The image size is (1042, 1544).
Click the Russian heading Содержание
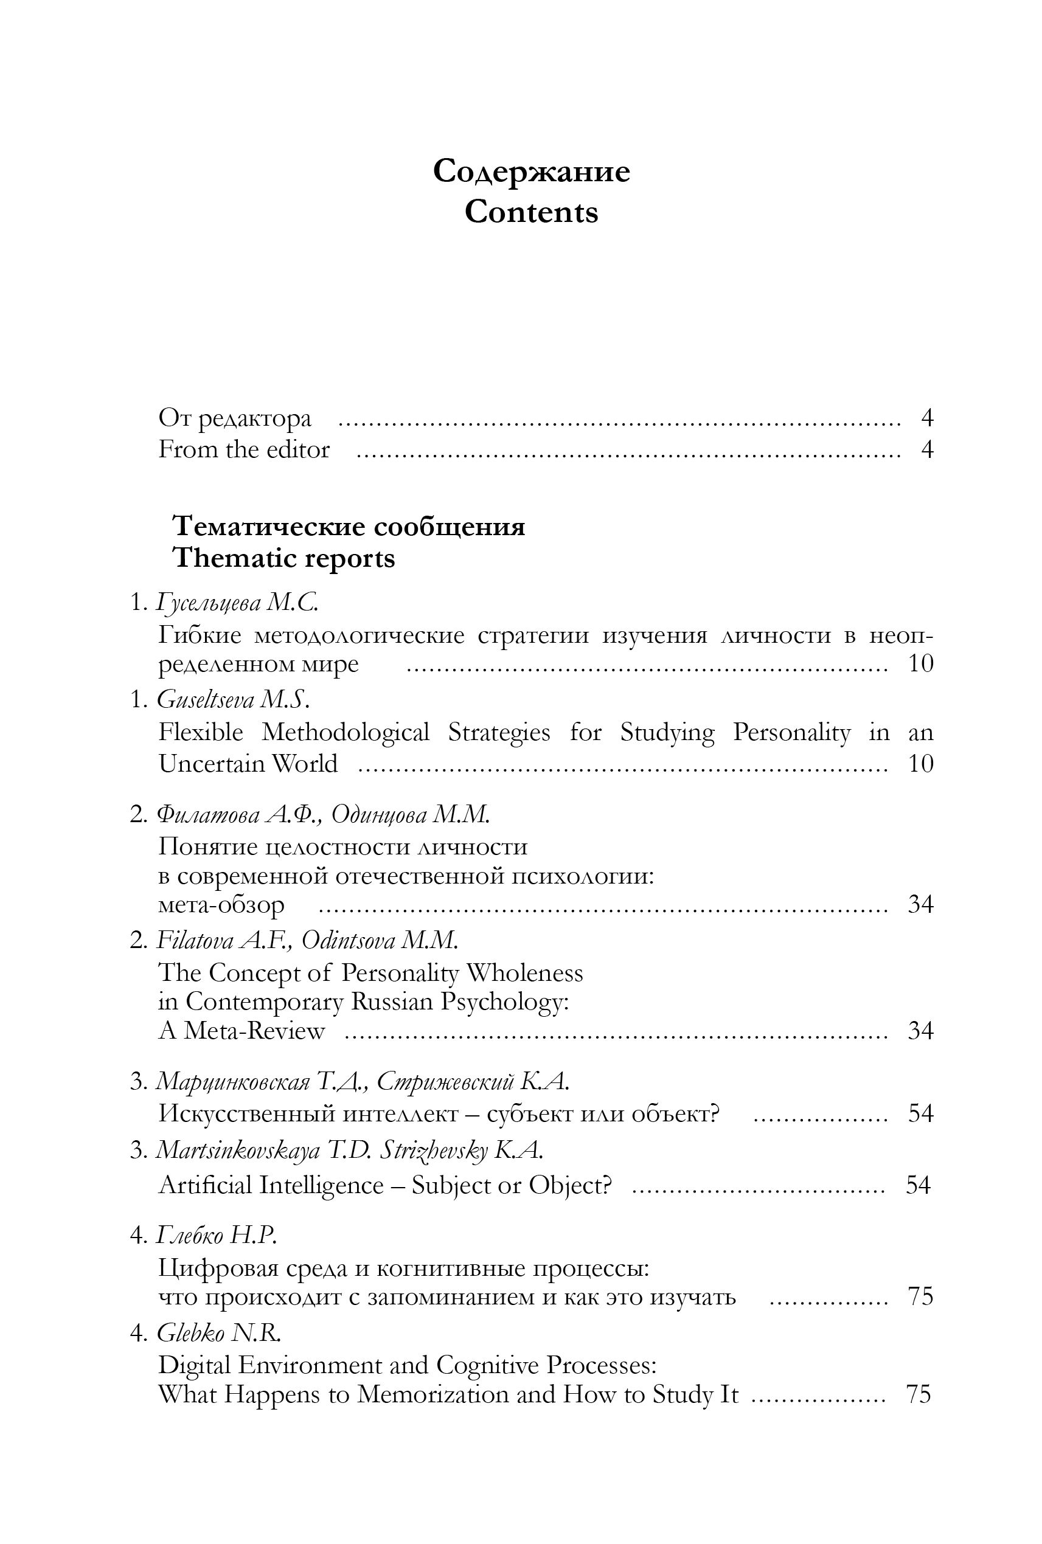[531, 171]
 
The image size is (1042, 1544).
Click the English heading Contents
[531, 213]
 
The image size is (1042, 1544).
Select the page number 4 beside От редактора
[927, 418]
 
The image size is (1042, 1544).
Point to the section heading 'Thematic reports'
[283, 558]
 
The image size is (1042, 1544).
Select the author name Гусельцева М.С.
[237, 603]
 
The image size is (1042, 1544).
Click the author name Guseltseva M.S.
[233, 699]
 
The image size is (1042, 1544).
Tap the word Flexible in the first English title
[201, 732]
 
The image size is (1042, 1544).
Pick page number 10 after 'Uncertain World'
[920, 763]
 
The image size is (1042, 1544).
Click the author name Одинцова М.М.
[410, 814]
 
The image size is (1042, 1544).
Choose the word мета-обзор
[221, 905]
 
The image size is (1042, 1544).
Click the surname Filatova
[195, 940]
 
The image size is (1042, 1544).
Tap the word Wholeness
[525, 974]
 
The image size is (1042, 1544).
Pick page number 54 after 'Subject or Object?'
[918, 1185]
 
